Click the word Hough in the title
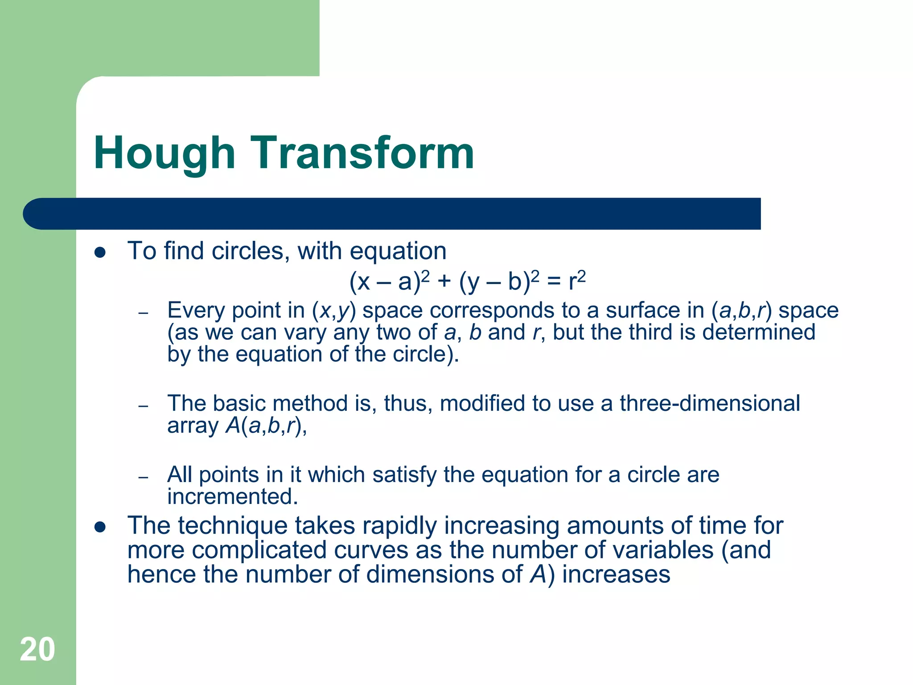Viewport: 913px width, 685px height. (x=164, y=154)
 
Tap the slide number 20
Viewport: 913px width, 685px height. (x=37, y=650)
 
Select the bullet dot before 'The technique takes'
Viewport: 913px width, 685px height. (x=100, y=528)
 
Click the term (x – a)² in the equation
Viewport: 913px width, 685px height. (x=389, y=281)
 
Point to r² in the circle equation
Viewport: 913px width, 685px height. (x=577, y=281)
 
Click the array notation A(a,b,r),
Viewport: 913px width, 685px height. (x=266, y=425)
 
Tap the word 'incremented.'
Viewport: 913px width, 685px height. (x=232, y=497)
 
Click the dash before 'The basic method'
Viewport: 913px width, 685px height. (x=143, y=406)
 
